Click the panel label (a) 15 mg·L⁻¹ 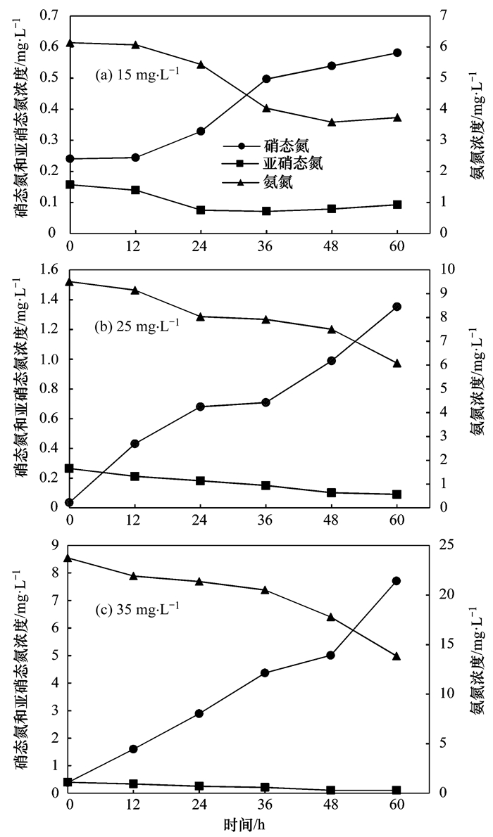(x=137, y=73)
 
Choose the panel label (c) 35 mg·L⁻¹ (x=137, y=606)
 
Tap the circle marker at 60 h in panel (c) (x=397, y=581)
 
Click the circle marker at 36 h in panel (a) (x=266, y=79)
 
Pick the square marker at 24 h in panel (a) (x=201, y=210)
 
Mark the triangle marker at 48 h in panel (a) (x=332, y=122)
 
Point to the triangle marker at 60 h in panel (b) (x=397, y=363)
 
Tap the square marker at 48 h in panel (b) (x=332, y=492)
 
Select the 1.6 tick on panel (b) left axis (x=49, y=269)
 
